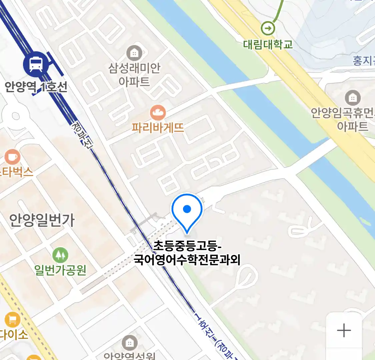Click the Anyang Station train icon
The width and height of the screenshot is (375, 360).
(x=36, y=64)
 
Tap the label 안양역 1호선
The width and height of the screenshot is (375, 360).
(x=36, y=87)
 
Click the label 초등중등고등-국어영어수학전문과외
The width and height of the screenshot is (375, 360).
(x=187, y=253)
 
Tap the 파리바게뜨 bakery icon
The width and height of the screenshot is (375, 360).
(x=158, y=113)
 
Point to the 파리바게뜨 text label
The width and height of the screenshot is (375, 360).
(x=158, y=128)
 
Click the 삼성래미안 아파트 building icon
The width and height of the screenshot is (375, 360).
(x=134, y=53)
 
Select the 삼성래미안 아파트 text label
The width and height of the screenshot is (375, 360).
(x=134, y=75)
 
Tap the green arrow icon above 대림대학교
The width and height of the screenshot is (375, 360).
(x=268, y=28)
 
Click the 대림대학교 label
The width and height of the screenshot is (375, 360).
(x=268, y=44)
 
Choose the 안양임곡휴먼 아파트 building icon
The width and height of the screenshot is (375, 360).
(x=352, y=98)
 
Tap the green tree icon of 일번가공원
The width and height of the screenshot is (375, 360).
(x=60, y=256)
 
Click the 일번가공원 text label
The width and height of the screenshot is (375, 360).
(x=60, y=270)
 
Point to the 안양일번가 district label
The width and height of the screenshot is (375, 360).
(x=42, y=220)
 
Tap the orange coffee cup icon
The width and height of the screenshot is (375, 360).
(x=13, y=156)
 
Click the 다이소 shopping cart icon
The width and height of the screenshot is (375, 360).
(x=12, y=320)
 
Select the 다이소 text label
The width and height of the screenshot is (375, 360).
(x=13, y=334)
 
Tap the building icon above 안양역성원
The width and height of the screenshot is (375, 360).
(x=129, y=343)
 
